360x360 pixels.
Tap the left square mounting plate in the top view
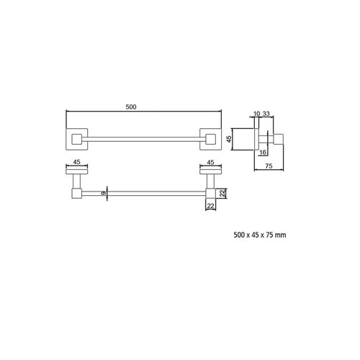(x=76, y=137)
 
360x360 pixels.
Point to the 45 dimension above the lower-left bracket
(x=76, y=163)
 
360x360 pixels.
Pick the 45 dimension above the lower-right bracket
(x=211, y=163)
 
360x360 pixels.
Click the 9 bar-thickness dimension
(x=104, y=193)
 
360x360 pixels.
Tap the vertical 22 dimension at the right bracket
(x=223, y=193)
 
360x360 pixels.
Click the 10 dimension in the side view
(x=256, y=113)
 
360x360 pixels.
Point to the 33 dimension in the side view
(x=266, y=113)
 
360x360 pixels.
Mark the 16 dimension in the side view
(x=263, y=153)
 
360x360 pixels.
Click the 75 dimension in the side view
(x=268, y=165)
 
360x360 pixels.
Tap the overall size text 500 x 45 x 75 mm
(x=260, y=234)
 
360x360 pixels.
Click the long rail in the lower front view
(x=144, y=193)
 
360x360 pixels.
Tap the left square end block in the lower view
(x=76, y=193)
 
